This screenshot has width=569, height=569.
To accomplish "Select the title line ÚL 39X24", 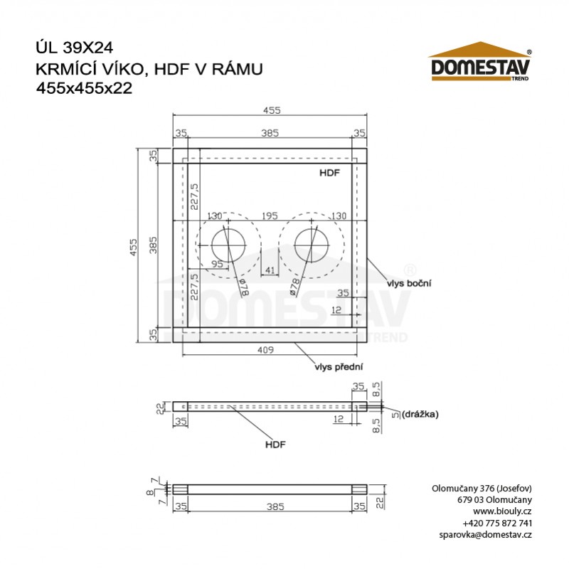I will pyautogui.click(x=73, y=48).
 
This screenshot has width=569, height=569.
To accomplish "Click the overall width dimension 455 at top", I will pyautogui.click(x=271, y=110).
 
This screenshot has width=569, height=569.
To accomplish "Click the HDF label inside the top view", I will pyautogui.click(x=329, y=173).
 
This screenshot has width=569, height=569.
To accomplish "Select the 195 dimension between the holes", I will pyautogui.click(x=270, y=216).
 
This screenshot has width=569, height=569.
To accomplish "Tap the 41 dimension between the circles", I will pyautogui.click(x=270, y=270).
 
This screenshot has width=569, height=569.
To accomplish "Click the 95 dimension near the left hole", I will pyautogui.click(x=217, y=264).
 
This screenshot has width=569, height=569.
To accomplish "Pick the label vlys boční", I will pyautogui.click(x=409, y=283).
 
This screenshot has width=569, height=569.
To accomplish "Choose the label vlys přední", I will pyautogui.click(x=339, y=366).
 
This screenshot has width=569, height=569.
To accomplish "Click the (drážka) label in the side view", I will pyautogui.click(x=420, y=413).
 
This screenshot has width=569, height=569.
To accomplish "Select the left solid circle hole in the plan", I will pyautogui.click(x=228, y=245).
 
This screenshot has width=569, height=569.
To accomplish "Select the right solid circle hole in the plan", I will pyautogui.click(x=312, y=245).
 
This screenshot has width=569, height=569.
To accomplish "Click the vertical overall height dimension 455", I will pyautogui.click(x=133, y=245).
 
